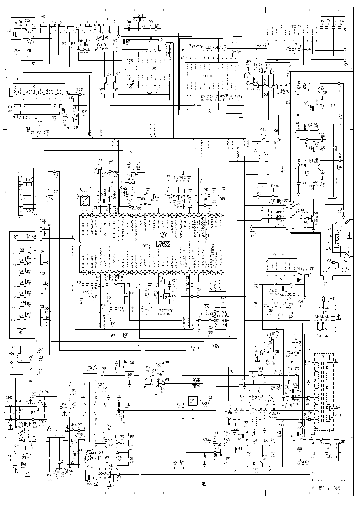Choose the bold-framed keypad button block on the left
[x=23, y=284]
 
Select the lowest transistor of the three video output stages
[x=318, y=172]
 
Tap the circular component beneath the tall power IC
[x=90, y=455]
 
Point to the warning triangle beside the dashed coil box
[x=338, y=317]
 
